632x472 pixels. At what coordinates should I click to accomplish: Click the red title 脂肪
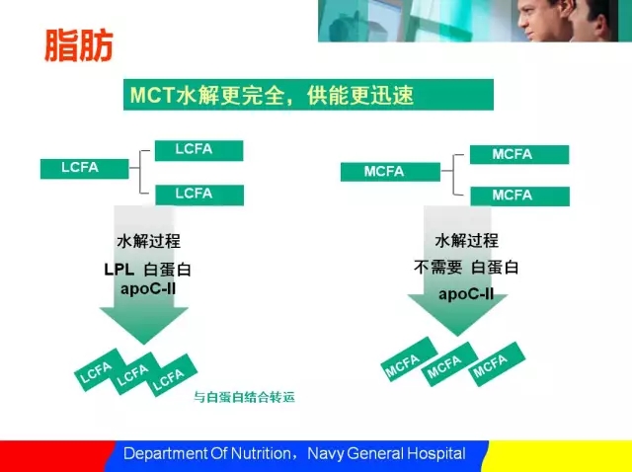(x=79, y=45)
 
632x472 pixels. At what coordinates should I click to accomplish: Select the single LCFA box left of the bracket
(x=85, y=169)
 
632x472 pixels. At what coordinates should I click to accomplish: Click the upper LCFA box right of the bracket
(x=199, y=150)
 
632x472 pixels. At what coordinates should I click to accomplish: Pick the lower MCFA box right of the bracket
(x=520, y=197)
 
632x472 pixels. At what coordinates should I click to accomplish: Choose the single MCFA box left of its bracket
(x=390, y=172)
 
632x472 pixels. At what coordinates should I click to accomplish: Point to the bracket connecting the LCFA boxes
(x=140, y=172)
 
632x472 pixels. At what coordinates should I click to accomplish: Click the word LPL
(x=118, y=270)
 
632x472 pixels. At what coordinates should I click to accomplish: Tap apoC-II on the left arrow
(x=148, y=289)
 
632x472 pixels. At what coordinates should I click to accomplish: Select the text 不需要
(x=437, y=268)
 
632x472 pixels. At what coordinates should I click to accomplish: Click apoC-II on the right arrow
(x=466, y=294)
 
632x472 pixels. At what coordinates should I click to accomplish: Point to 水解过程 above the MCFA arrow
(x=466, y=241)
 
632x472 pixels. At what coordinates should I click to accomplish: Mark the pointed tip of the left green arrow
(x=144, y=344)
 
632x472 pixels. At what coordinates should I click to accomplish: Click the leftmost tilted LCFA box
(x=100, y=370)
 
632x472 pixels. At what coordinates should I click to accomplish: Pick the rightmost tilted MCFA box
(x=497, y=364)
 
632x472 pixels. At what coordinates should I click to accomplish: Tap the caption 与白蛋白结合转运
(x=244, y=397)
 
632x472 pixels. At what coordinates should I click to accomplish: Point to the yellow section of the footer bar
(x=558, y=456)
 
